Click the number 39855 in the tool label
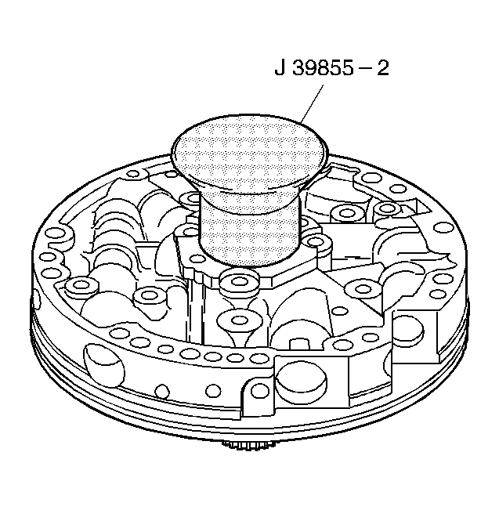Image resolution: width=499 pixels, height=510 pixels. (x=323, y=68)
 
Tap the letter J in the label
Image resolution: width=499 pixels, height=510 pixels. (x=280, y=68)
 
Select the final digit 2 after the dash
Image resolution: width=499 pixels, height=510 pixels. (x=382, y=68)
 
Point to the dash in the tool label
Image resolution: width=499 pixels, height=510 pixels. (x=365, y=70)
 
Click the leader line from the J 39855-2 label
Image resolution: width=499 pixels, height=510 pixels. (x=313, y=103)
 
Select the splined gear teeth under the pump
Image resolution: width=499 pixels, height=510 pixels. (x=249, y=443)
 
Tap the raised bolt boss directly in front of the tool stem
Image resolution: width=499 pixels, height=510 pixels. (x=240, y=282)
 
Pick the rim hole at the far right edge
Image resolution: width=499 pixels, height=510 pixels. (x=443, y=228)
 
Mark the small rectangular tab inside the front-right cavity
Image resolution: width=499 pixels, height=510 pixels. (x=298, y=343)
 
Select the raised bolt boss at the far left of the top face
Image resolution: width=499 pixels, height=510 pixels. (x=78, y=286)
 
